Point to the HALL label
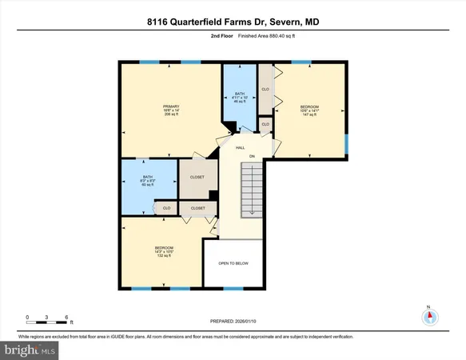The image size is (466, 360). (239, 148)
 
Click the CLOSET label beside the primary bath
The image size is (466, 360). (197, 177)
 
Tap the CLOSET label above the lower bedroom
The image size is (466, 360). (197, 208)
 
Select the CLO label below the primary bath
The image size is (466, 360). (166, 208)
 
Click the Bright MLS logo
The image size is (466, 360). (29, 350)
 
